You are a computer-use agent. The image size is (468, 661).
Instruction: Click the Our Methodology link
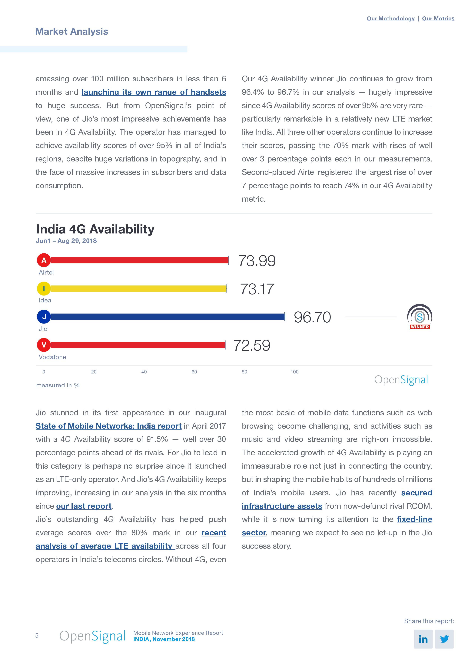390,18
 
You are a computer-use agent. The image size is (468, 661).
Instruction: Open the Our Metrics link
438,18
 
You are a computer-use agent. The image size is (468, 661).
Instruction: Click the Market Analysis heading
71,31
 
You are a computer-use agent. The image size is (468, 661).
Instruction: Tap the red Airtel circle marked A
44,260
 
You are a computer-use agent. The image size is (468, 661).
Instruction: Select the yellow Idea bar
138,288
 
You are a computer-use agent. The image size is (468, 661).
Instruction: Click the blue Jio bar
167,317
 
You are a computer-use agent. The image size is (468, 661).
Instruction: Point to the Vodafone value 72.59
252,345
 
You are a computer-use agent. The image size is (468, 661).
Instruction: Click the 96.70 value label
312,317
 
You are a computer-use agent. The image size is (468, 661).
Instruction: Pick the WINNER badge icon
419,317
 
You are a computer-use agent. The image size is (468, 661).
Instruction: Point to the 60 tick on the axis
194,372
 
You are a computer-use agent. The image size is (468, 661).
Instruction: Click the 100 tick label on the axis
294,372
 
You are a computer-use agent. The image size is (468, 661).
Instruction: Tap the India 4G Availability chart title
95,229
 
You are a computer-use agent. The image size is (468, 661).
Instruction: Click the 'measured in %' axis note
58,385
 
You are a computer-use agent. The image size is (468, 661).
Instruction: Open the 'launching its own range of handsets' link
154,92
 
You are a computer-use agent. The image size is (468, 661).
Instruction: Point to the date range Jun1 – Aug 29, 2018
66,241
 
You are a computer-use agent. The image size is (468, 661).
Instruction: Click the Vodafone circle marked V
44,345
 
